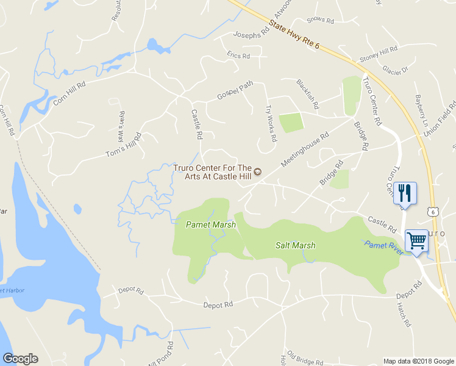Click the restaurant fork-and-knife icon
(x=405, y=193)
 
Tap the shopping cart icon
(x=417, y=240)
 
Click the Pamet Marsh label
(x=210, y=224)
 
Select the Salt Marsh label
(x=294, y=245)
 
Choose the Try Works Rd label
(x=271, y=119)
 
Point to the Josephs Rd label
(x=251, y=34)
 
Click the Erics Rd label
(x=238, y=56)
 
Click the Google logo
(x=20, y=359)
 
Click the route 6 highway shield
(x=432, y=211)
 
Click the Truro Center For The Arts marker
(x=257, y=172)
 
